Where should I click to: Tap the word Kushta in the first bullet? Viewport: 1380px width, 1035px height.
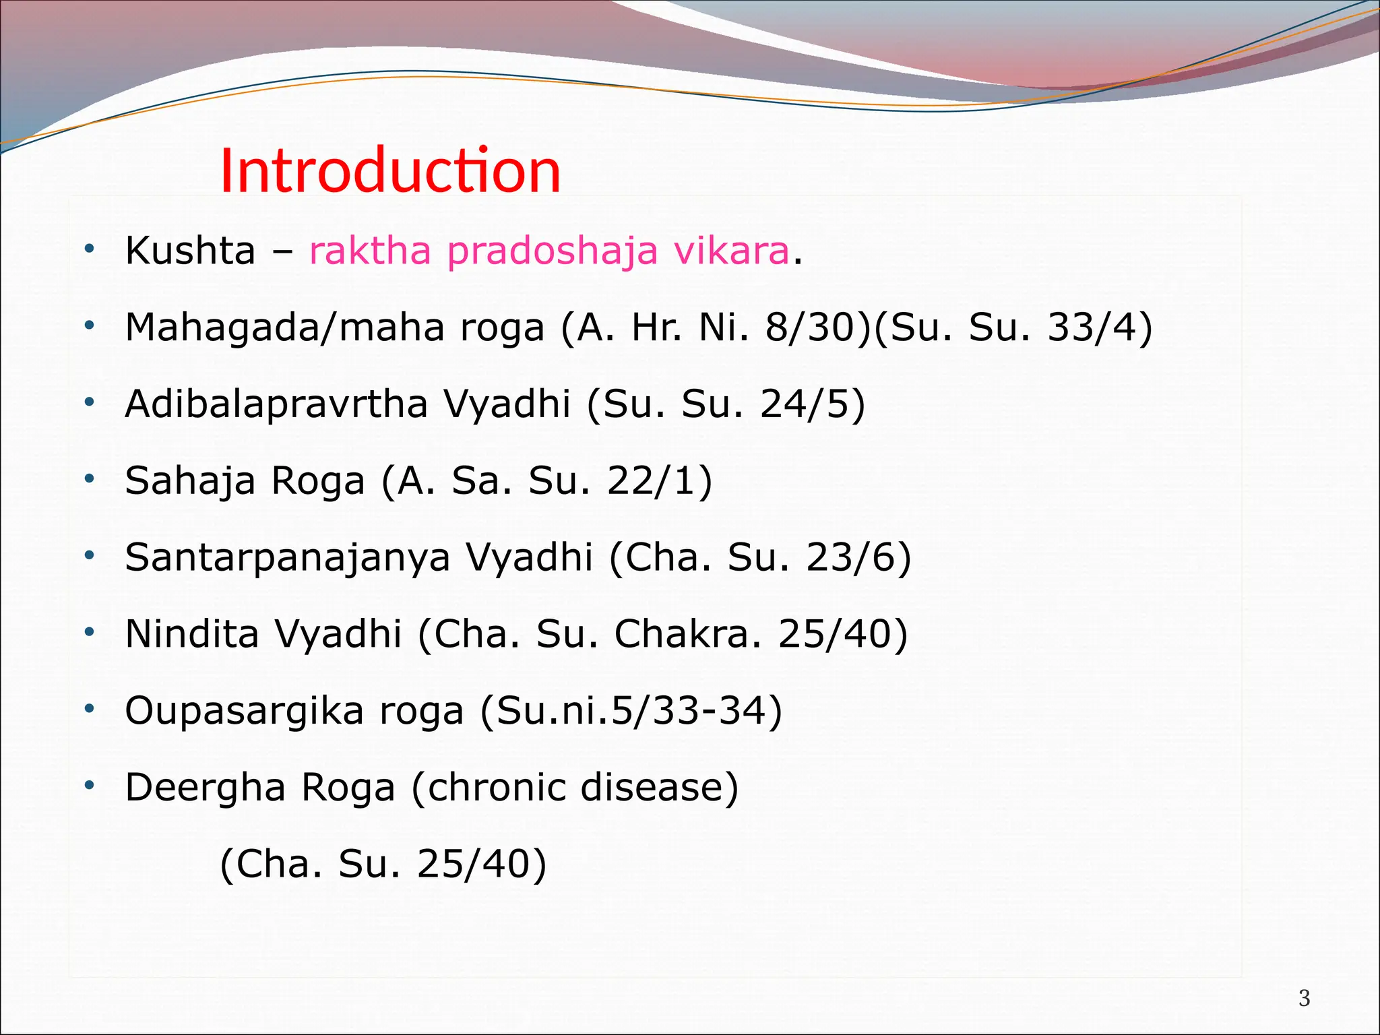tap(190, 251)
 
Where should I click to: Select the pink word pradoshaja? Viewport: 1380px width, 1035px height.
tap(552, 252)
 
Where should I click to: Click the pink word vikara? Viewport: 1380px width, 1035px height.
tap(731, 251)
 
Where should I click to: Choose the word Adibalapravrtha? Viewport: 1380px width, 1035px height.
tap(276, 404)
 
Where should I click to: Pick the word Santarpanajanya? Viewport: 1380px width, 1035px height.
tap(287, 558)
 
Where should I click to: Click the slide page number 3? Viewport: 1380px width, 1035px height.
tap(1304, 998)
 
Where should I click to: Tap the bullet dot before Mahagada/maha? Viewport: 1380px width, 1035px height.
tap(89, 326)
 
